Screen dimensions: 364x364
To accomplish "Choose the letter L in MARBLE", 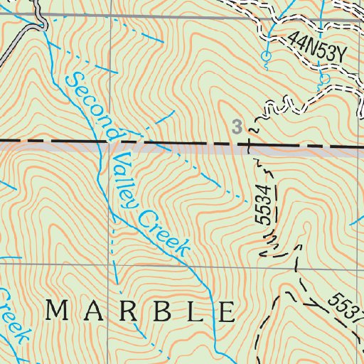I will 193,311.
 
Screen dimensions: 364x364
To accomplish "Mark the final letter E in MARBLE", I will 227,311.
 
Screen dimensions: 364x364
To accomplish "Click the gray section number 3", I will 237,127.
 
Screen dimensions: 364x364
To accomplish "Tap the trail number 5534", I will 264,206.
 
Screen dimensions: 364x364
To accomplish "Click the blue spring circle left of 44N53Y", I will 266,55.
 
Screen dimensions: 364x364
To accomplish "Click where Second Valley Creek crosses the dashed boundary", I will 108,144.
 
